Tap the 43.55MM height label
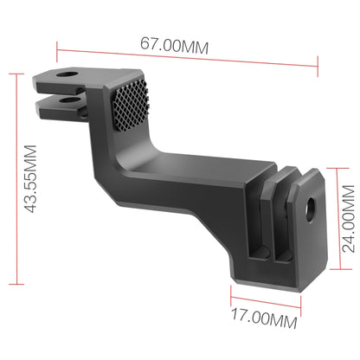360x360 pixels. click(30, 179)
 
